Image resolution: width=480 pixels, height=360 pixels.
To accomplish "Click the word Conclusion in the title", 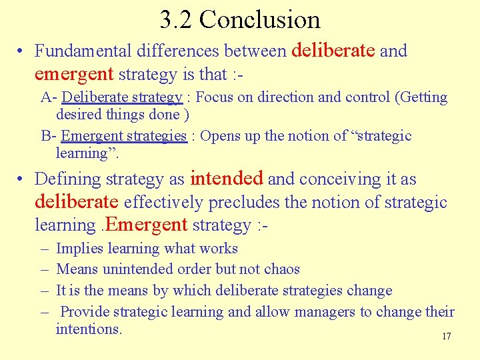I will pyautogui.click(x=259, y=19).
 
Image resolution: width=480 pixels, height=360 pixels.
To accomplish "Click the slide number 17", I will pyautogui.click(x=446, y=336).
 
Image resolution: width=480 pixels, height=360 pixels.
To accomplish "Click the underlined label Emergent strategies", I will pyautogui.click(x=124, y=136).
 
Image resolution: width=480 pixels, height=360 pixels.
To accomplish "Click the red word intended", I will pyautogui.click(x=227, y=179).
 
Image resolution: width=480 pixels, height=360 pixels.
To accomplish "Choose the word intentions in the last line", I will pyautogui.click(x=89, y=329).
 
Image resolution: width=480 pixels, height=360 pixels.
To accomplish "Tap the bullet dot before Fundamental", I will pyautogui.click(x=22, y=51).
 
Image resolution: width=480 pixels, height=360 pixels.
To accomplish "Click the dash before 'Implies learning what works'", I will pyautogui.click(x=43, y=249).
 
